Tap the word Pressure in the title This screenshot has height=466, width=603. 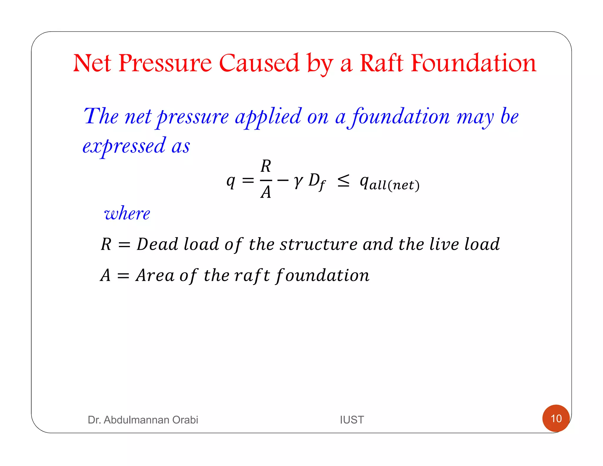point(165,63)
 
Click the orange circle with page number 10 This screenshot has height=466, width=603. point(556,418)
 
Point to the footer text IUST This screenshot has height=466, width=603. point(352,420)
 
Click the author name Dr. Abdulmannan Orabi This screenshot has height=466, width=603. point(143,420)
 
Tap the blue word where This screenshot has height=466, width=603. point(127,213)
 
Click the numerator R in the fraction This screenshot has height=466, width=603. point(266,166)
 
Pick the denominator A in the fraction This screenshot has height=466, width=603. point(266,193)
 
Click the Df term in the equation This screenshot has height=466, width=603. point(317,181)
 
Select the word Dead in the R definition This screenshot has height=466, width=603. point(158,244)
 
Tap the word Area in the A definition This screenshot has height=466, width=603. point(155,275)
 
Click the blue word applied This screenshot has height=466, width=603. point(268,116)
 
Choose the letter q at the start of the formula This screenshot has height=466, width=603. point(231,181)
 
